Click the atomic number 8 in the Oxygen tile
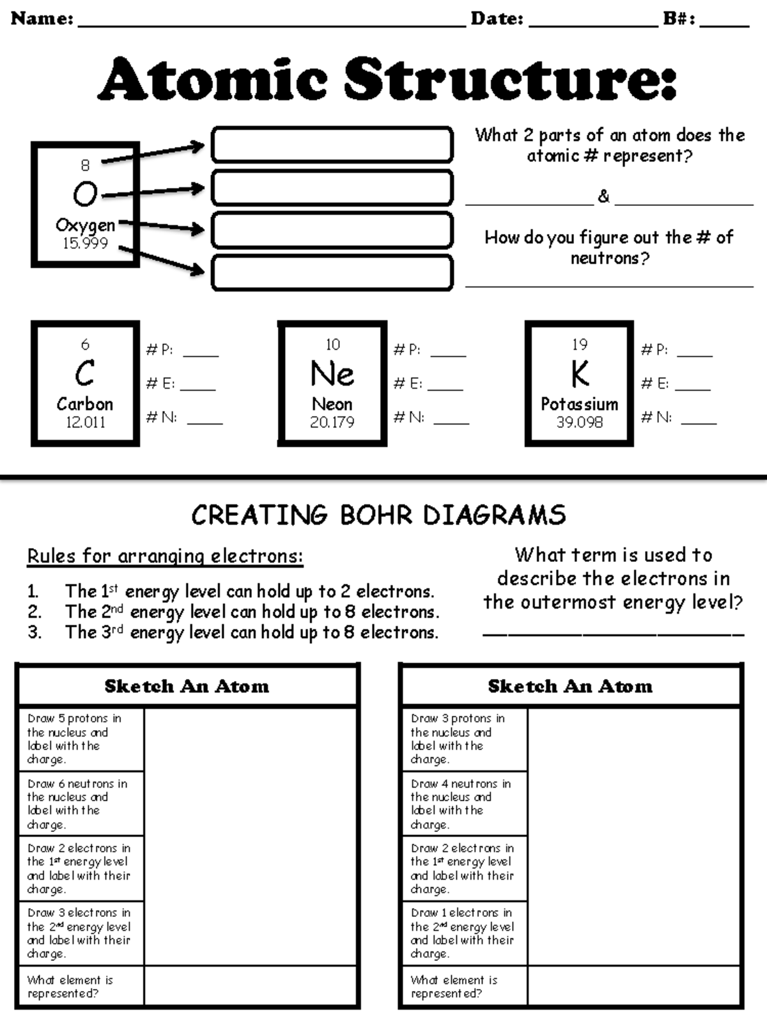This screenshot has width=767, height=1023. coord(85,165)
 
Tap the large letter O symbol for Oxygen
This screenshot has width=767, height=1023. coord(85,194)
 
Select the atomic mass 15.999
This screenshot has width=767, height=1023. coord(85,243)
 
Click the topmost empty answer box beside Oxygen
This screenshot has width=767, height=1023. coord(332,144)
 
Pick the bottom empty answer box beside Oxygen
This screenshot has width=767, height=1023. coord(332,272)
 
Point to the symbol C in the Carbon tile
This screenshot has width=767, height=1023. coord(85,373)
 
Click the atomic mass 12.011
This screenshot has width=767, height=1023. coord(86,422)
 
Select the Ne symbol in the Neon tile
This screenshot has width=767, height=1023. coord(332,373)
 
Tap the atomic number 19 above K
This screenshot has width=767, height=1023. coord(579,345)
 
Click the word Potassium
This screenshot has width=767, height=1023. coord(579,403)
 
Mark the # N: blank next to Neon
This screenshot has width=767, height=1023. coord(451,423)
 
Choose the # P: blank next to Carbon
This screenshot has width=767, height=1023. coord(201,356)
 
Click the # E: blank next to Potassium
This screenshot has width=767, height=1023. coord(692,389)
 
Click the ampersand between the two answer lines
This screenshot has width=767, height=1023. coord(603,196)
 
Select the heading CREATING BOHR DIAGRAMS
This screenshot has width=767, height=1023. coord(378,515)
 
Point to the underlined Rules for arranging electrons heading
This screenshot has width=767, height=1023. coord(166,556)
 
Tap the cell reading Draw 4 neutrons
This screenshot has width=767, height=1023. coord(465,804)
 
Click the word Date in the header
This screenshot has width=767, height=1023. coord(497,19)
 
